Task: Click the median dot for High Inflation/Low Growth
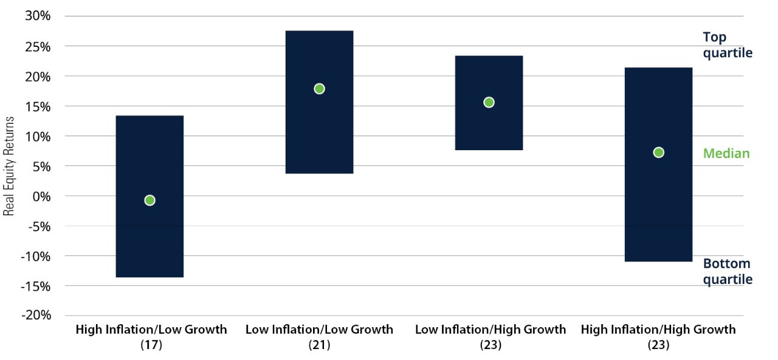coord(150,200)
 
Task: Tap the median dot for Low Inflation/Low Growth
coord(319,89)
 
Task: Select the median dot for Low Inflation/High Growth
coord(489,102)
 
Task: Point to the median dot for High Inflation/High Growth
coord(658,152)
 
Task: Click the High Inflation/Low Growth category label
coord(151,330)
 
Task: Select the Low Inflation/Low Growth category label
coord(319,330)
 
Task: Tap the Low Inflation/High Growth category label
coord(490,330)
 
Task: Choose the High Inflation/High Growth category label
coord(658,330)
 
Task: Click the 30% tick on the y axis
coord(38,16)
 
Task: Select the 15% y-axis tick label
coord(38,106)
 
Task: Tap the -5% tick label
coord(39,226)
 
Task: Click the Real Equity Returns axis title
coord(9,165)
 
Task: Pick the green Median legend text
coord(726,153)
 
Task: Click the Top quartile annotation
coord(727,45)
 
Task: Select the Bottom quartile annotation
coord(727,271)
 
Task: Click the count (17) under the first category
coord(151,345)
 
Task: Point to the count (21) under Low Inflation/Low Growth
coord(319,345)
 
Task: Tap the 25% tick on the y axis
coord(38,46)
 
